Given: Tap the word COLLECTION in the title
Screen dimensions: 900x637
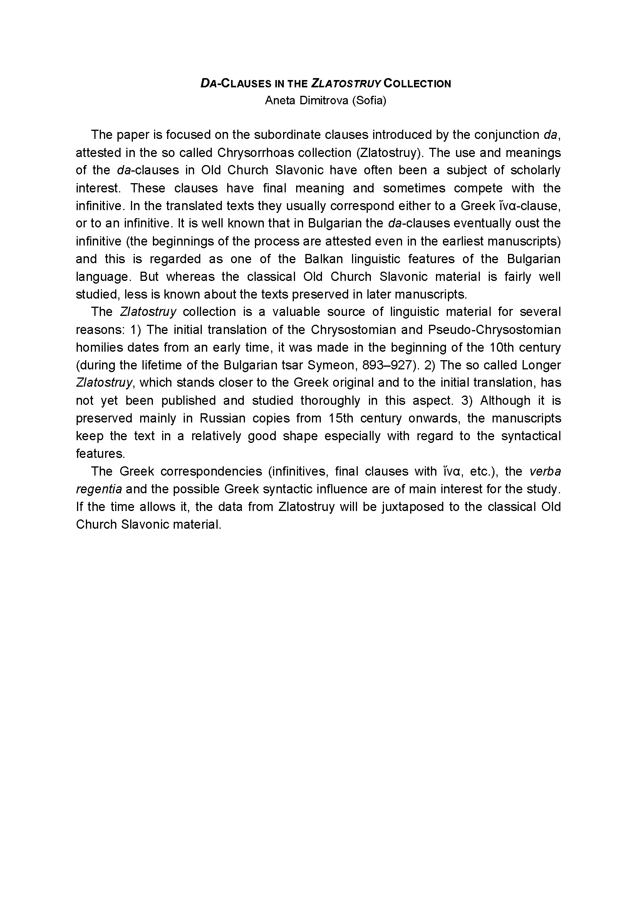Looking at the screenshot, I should tap(417, 84).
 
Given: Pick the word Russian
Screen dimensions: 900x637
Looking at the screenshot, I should tap(222, 418).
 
